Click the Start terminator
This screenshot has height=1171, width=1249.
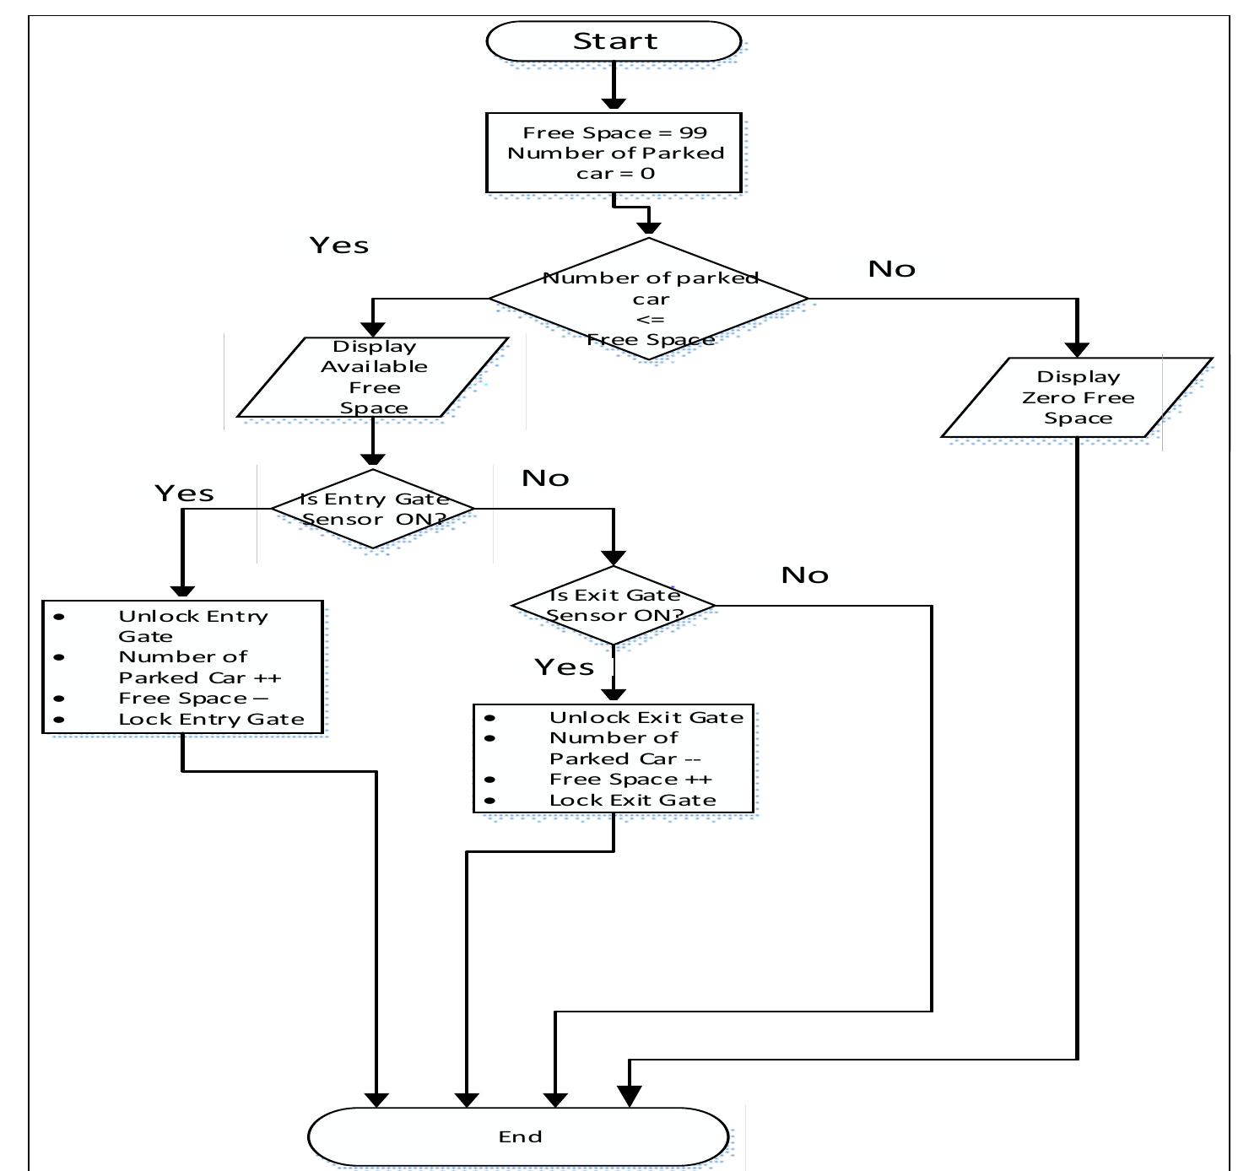point(614,41)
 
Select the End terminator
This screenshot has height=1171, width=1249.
point(518,1136)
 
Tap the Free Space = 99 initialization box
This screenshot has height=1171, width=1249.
point(614,153)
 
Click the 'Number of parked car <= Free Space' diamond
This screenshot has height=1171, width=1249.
point(649,299)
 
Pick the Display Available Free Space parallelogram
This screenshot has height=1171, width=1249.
point(373,377)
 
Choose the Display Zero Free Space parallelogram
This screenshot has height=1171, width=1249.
point(1077,397)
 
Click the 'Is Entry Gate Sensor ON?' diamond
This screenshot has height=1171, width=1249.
point(373,509)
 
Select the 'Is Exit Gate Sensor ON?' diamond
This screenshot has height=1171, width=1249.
point(614,605)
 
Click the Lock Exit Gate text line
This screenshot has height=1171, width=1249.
point(632,800)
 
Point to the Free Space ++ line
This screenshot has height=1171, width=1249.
point(630,779)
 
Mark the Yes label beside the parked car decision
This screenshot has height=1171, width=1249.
point(339,246)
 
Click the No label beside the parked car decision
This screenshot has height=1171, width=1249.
point(892,269)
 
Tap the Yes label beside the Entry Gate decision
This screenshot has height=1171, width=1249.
point(184,494)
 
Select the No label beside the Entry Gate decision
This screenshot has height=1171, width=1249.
point(545,478)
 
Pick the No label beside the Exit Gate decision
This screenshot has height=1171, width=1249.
point(804,575)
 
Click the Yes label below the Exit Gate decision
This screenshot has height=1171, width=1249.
point(564,667)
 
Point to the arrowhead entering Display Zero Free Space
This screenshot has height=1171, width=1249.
point(1077,349)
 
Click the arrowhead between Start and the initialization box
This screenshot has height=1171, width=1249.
point(614,103)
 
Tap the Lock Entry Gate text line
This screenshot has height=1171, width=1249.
point(211,719)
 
